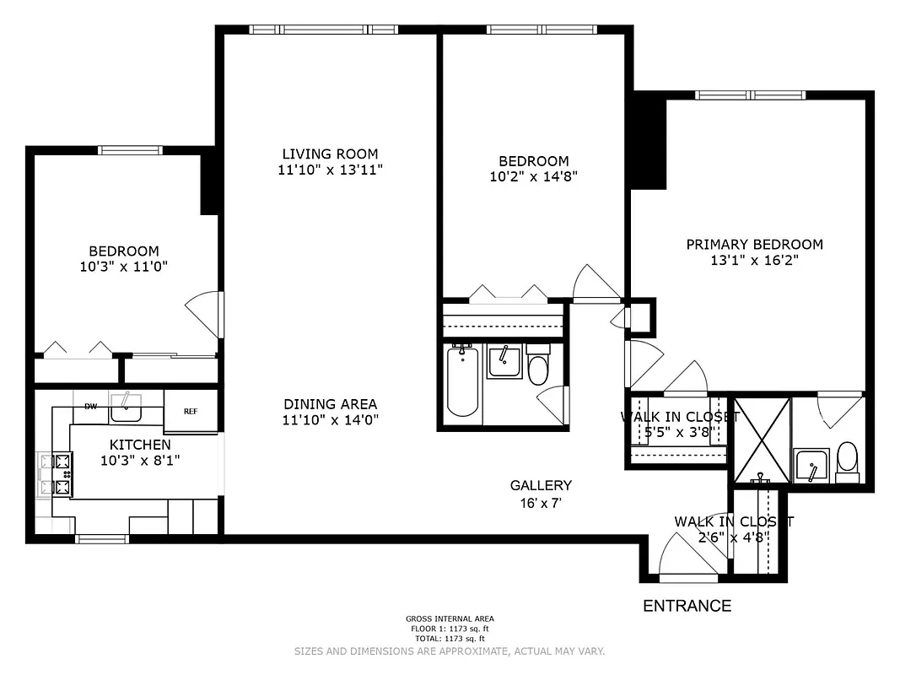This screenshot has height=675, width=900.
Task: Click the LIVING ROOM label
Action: point(330,154)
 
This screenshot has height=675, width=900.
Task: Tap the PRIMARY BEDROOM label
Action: point(754,245)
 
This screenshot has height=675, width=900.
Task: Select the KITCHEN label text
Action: point(140,444)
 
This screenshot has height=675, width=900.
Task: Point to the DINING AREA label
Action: point(330,404)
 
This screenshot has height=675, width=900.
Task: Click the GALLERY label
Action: point(541,485)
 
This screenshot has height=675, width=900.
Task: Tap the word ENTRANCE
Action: point(687,606)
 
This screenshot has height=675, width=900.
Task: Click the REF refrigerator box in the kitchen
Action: point(191,411)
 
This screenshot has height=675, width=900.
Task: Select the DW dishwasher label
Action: point(90,407)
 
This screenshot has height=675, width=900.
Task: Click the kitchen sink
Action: point(127,410)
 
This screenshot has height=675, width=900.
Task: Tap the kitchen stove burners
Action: point(62,474)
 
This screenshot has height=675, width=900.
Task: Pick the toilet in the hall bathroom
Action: point(538,368)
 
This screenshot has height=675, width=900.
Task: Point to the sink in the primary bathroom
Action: point(811,467)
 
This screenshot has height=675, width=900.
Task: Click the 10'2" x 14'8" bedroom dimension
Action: point(533,177)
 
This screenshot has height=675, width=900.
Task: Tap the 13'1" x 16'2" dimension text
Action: point(754,261)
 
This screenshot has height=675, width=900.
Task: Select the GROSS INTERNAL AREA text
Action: point(450,618)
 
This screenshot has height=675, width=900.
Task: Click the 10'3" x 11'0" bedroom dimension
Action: point(124,267)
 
